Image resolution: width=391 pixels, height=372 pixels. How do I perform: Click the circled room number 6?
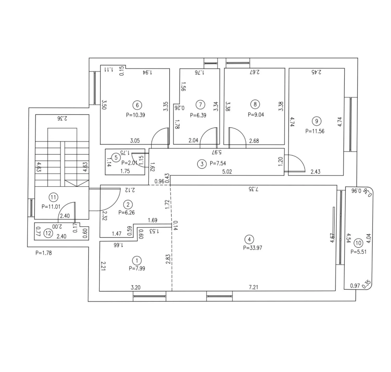click(x=137, y=105)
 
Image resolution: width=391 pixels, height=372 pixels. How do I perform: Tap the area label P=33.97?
click(x=252, y=248)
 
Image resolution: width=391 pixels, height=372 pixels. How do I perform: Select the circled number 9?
click(x=316, y=121)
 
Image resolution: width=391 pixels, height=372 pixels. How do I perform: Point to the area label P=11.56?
click(x=315, y=131)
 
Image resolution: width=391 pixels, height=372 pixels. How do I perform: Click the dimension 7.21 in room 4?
click(x=253, y=287)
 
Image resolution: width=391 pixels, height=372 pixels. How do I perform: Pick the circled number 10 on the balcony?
click(x=358, y=243)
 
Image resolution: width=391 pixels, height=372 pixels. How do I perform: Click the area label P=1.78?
click(x=44, y=253)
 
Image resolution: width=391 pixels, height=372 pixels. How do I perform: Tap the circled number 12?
click(x=48, y=233)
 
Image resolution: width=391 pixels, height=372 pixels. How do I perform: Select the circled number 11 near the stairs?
click(x=53, y=197)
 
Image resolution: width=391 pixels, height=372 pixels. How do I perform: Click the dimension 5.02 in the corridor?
click(x=227, y=172)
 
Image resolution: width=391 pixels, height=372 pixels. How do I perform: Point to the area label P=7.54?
click(x=218, y=163)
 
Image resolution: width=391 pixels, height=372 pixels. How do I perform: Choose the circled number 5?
click(x=116, y=157)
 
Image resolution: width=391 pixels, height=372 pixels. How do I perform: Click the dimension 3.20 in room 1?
click(x=136, y=287)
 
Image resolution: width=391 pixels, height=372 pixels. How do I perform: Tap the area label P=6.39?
click(x=198, y=115)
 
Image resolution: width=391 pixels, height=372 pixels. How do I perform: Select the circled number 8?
click(x=255, y=104)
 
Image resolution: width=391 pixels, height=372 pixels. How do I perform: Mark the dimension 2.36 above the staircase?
click(x=62, y=118)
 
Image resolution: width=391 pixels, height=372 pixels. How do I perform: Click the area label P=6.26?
click(x=126, y=213)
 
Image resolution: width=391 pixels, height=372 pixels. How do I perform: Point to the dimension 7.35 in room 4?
click(x=253, y=189)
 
